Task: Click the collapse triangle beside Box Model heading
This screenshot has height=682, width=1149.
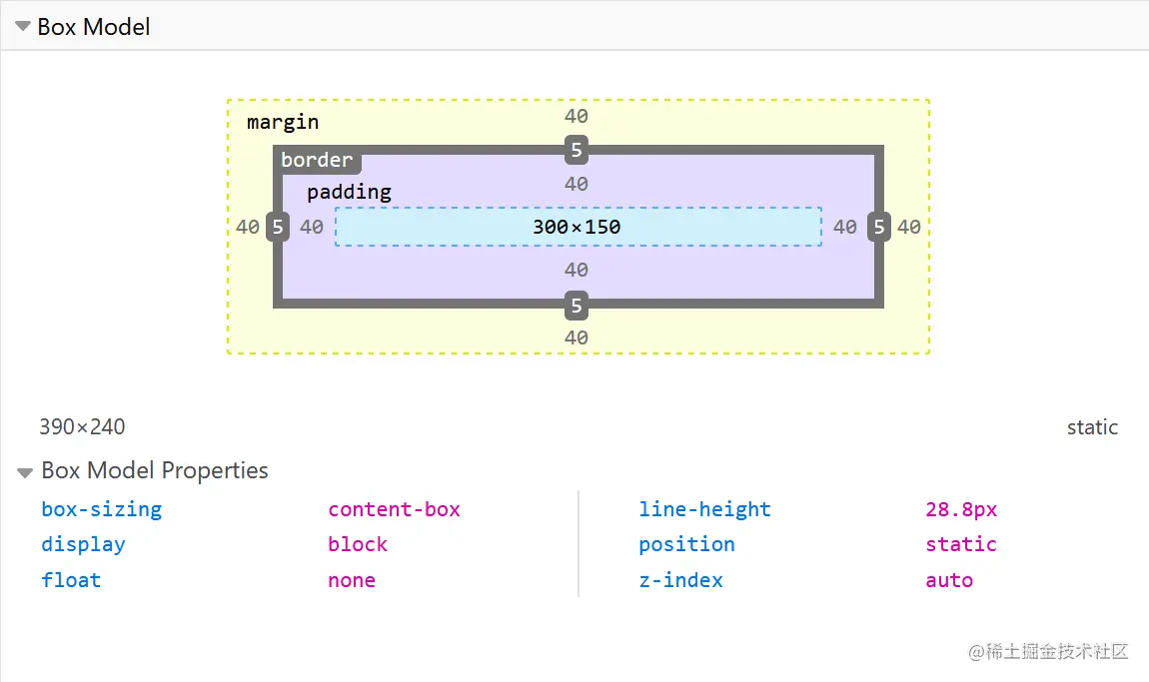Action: tap(24, 27)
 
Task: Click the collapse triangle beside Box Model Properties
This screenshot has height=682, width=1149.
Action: tap(26, 472)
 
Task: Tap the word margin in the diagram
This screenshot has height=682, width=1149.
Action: tap(283, 122)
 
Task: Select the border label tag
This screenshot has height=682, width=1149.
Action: tap(317, 160)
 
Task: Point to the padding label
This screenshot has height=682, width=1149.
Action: tap(349, 192)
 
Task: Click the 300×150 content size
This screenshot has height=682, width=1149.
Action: tap(576, 227)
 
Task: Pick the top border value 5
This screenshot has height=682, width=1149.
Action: tap(575, 151)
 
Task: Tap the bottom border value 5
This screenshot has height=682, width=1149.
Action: tap(575, 305)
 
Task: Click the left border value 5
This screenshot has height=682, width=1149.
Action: tap(278, 228)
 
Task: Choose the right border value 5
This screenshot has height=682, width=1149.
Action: tap(878, 228)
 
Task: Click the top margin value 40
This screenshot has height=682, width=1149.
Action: tap(575, 116)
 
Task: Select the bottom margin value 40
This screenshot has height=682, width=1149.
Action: tap(575, 338)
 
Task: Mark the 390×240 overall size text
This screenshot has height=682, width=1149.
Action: tap(82, 427)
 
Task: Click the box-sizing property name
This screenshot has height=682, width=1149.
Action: tap(101, 509)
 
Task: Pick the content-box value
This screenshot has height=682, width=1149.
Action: tap(394, 509)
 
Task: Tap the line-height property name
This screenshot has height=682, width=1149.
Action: tap(704, 509)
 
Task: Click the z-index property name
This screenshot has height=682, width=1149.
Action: tap(680, 580)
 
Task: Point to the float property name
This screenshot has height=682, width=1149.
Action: tap(71, 580)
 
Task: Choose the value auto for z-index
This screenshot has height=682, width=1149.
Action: tap(949, 580)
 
